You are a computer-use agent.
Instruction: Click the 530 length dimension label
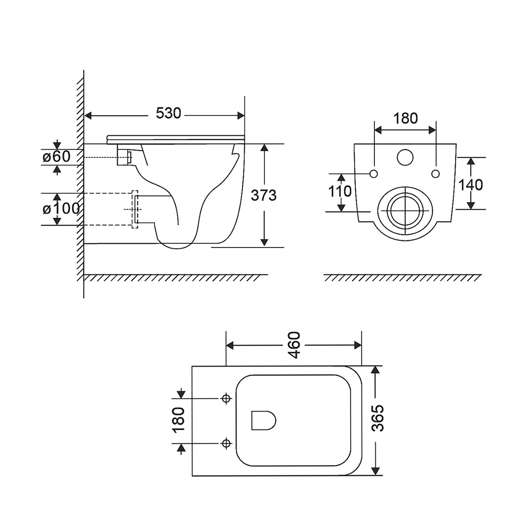169,113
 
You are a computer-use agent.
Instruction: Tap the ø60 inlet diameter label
57,157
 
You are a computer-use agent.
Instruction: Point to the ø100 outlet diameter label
61,209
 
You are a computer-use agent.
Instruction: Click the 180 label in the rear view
405,118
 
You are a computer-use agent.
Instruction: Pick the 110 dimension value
340,191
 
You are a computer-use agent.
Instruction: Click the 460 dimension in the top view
295,345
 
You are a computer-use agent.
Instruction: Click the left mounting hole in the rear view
374,174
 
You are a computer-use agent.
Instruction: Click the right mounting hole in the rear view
436,174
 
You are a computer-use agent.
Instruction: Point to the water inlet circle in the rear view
405,157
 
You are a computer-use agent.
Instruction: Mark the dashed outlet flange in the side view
135,209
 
